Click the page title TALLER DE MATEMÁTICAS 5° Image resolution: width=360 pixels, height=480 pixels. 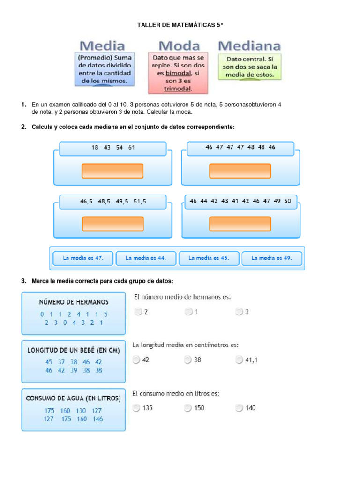tap(180, 24)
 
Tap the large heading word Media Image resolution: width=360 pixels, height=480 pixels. tap(102, 45)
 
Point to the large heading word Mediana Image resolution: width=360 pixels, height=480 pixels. tap(249, 45)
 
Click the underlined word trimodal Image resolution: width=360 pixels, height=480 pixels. tap(178, 88)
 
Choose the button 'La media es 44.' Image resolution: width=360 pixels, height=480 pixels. tap(145, 258)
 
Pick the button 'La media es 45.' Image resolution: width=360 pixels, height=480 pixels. tap(208, 258)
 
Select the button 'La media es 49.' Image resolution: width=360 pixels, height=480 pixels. tap(271, 258)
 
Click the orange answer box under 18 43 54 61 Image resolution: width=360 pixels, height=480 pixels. tap(112, 171)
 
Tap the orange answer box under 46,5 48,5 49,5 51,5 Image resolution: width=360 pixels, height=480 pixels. tap(112, 224)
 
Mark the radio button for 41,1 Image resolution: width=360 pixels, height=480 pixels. tap(240, 360)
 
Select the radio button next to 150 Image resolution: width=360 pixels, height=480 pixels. tap(188, 408)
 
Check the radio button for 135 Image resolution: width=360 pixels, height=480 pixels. tap(136, 408)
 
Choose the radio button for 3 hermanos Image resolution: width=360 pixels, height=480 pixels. tap(239, 311)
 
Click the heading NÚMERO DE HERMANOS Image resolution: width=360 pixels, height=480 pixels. tap(74, 302)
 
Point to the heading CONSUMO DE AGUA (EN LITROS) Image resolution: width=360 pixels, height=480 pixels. tap(73, 398)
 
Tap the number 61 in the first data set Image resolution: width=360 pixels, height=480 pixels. tap(131, 147)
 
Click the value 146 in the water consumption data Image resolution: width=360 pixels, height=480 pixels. tap(97, 420)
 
